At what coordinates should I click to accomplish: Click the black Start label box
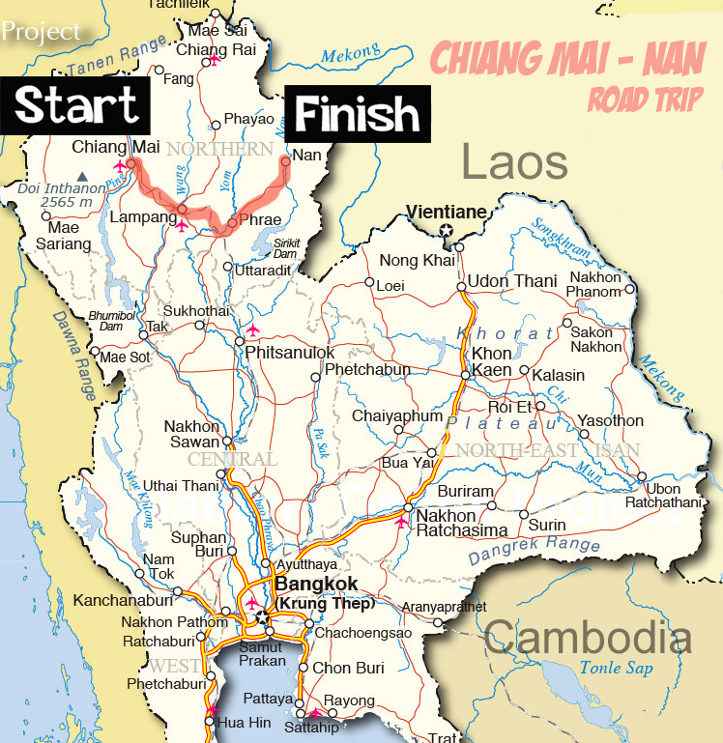pyautogui.click(x=76, y=105)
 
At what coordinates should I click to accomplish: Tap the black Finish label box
pyautogui.click(x=357, y=115)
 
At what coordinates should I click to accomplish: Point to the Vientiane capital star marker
pyautogui.click(x=446, y=230)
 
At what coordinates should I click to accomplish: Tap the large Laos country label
pyautogui.click(x=514, y=162)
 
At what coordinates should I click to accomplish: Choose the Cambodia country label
pyautogui.click(x=588, y=639)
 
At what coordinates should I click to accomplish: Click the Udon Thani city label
pyautogui.click(x=512, y=281)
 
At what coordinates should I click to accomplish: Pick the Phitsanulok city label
pyautogui.click(x=290, y=353)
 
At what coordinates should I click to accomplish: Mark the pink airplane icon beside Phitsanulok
pyautogui.click(x=253, y=331)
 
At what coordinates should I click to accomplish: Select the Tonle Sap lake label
pyautogui.click(x=616, y=668)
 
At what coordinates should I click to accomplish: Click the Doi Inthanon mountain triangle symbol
pyautogui.click(x=84, y=176)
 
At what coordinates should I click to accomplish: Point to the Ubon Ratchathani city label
pyautogui.click(x=677, y=496)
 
